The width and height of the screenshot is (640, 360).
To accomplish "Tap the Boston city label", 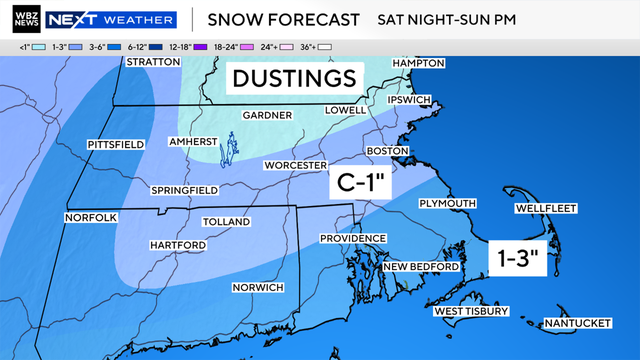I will point(390,151).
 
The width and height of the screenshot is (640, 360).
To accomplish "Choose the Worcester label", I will point(296,164).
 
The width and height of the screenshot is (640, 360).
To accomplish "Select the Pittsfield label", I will point(116,145).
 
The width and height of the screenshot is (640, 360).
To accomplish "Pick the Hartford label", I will point(177,245).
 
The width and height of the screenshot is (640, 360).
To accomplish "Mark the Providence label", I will point(353,238).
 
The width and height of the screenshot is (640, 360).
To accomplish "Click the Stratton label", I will point(152,62).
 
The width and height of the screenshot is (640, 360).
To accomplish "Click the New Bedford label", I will point(421,267).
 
